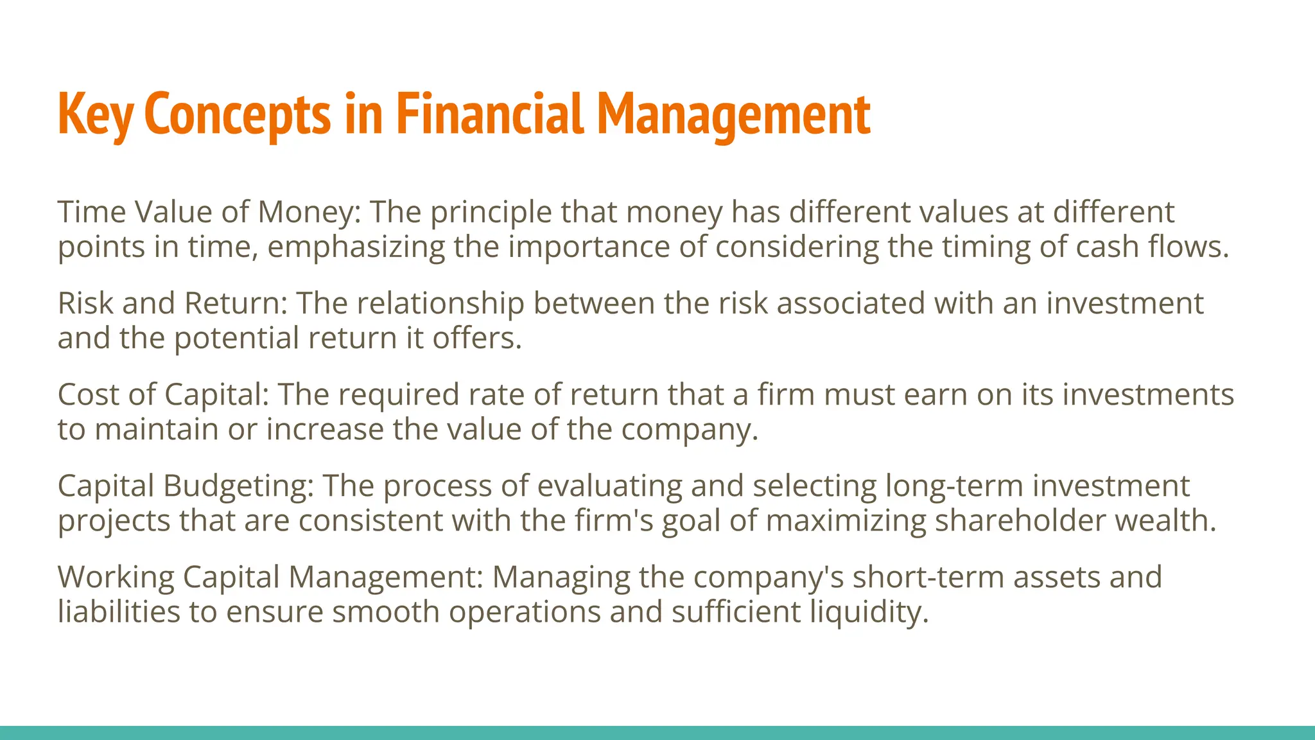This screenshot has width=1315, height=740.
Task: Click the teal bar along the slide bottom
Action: [657, 733]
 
